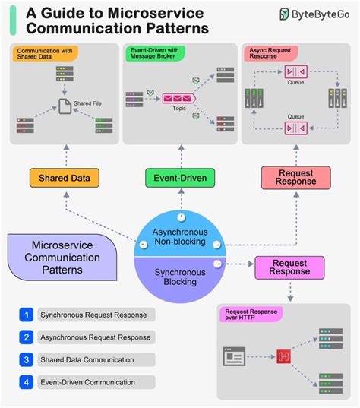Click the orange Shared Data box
pyautogui.click(x=64, y=179)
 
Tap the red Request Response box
pyautogui.click(x=295, y=178)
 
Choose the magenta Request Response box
pyautogui.click(x=289, y=267)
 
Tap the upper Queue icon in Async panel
pyautogui.click(x=295, y=72)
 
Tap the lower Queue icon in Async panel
pyautogui.click(x=295, y=128)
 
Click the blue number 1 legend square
pyautogui.click(x=27, y=314)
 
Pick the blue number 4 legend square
pyautogui.click(x=27, y=382)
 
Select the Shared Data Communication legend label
pyautogui.click(x=87, y=359)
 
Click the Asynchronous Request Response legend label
pyautogui.click(x=96, y=337)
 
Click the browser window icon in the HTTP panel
pyautogui.click(x=234, y=354)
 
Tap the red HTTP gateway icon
pyautogui.click(x=286, y=354)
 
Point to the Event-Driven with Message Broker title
pyautogui.click(x=156, y=52)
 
